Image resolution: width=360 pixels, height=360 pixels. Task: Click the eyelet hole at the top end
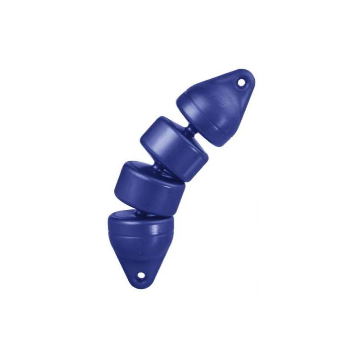(242, 83)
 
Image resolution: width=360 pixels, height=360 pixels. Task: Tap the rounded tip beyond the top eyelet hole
(250, 76)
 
